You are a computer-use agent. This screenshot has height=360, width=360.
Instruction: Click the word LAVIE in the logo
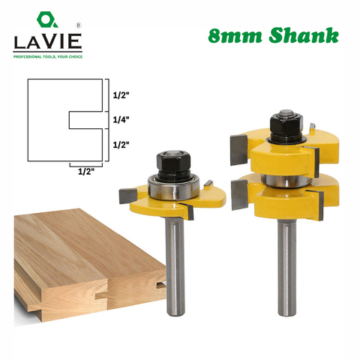point(48,41)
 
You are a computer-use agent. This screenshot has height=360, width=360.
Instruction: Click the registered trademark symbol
point(79,25)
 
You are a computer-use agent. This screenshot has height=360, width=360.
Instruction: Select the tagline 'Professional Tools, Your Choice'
point(48,57)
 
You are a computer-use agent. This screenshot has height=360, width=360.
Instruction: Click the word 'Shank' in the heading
point(304,35)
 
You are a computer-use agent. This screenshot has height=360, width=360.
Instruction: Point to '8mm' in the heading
point(235,36)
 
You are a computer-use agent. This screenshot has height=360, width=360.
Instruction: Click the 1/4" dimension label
point(121,120)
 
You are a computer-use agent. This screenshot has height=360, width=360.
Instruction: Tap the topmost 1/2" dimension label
point(121,95)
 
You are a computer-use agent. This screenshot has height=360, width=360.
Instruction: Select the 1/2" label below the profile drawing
point(86,172)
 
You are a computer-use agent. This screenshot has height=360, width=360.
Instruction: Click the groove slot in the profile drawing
point(85,120)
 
